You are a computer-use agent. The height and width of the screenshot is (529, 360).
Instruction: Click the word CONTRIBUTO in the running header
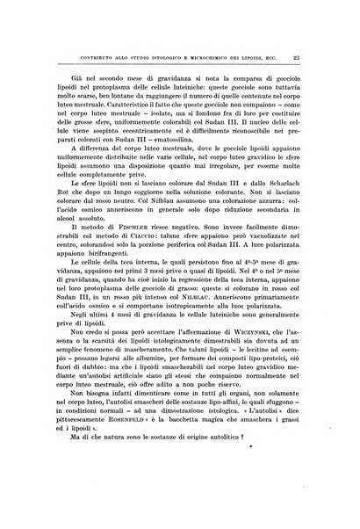(x=70, y=35)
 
